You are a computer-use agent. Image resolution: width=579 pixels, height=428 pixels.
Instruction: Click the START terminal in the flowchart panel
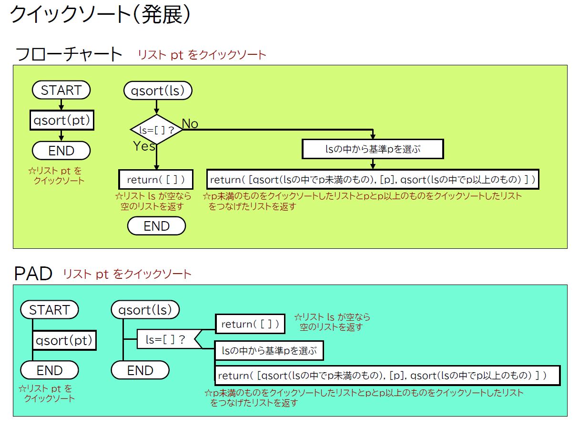[61, 90]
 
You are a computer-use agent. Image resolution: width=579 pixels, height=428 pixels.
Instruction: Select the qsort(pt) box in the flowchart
[62, 120]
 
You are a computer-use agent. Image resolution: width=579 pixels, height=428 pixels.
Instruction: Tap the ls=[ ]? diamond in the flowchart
[156, 130]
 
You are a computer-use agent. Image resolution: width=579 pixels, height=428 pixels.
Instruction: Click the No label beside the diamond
[190, 123]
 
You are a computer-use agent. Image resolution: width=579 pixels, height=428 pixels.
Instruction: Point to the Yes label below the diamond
[144, 146]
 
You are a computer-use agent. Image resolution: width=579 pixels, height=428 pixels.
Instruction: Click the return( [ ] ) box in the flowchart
[156, 179]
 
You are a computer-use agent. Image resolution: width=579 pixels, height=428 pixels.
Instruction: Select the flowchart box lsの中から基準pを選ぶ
[373, 149]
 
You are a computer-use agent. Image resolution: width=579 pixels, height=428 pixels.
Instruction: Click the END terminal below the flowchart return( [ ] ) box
[156, 226]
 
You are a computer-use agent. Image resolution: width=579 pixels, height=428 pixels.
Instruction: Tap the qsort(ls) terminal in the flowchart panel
[158, 91]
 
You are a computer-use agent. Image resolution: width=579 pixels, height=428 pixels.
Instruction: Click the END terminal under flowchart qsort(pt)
[61, 151]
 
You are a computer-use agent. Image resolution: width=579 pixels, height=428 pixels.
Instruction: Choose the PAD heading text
[33, 274]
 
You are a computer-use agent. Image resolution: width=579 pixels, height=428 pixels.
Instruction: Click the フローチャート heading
[69, 54]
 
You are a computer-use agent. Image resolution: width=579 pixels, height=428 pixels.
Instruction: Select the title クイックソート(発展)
[100, 14]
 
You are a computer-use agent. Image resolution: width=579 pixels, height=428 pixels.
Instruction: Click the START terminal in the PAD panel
[50, 310]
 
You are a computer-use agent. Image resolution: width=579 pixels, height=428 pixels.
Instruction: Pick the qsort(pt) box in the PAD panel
[64, 340]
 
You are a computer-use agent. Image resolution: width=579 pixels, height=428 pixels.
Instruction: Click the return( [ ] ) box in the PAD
[250, 324]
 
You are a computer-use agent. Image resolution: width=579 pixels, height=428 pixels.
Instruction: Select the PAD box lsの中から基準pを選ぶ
[269, 351]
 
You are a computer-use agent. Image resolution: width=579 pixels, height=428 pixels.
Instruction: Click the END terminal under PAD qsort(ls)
[140, 370]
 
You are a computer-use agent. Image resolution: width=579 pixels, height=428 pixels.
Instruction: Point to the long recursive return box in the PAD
[387, 376]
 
